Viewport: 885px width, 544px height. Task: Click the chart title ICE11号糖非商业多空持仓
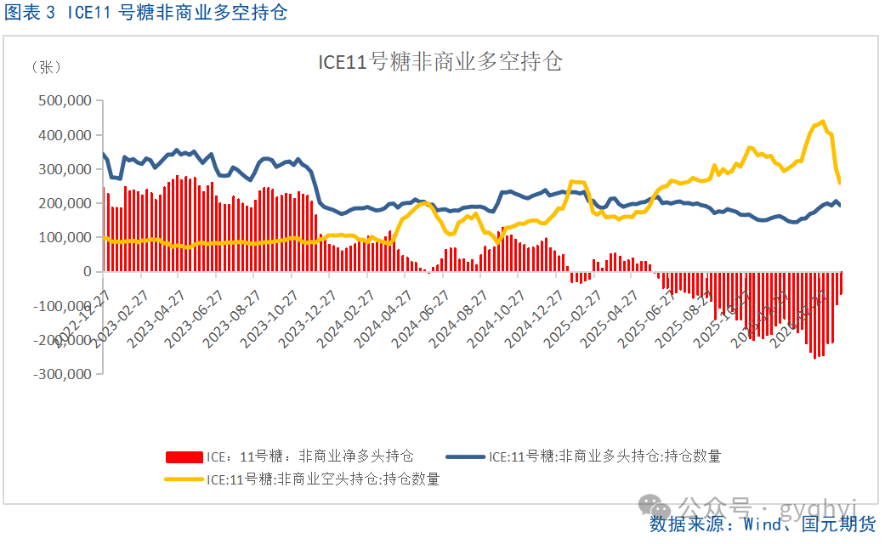[x=440, y=62]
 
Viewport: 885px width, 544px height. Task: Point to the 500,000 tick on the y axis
[x=65, y=100]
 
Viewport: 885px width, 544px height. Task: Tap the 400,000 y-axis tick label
[x=65, y=134]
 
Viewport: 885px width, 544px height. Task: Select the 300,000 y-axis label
[x=65, y=169]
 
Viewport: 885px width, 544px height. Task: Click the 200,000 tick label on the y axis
[x=65, y=203]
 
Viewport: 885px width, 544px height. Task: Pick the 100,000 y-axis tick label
[x=65, y=237]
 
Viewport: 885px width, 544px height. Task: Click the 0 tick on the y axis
[x=86, y=271]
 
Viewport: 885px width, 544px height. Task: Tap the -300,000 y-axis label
[x=62, y=373]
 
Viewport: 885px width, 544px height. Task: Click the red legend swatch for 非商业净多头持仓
[x=183, y=456]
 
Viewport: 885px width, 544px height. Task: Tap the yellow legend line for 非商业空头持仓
[x=183, y=479]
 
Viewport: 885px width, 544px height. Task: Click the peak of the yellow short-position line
[x=822, y=122]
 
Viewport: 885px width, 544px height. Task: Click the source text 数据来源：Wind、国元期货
[x=762, y=524]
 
